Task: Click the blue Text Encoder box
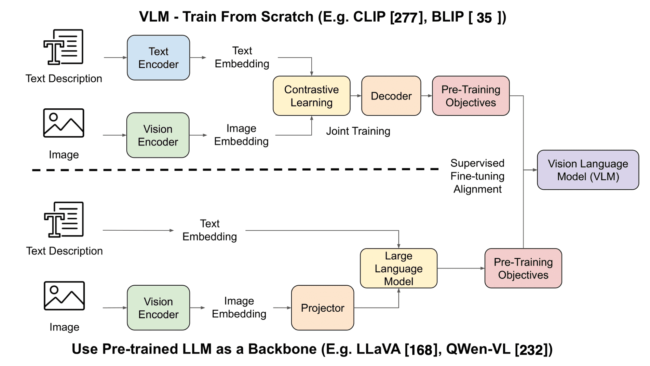click(x=158, y=58)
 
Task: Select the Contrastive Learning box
click(x=311, y=96)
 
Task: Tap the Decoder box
click(x=391, y=96)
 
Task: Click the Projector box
click(x=322, y=308)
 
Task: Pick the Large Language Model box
click(x=398, y=268)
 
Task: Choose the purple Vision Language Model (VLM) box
click(x=588, y=170)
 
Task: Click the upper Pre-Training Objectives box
click(x=471, y=96)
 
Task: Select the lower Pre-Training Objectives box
click(x=523, y=268)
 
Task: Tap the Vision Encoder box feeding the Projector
click(x=158, y=308)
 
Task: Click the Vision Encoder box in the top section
click(x=158, y=135)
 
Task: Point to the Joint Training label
click(x=358, y=131)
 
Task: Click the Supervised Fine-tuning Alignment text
click(x=477, y=176)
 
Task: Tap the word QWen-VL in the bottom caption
click(x=478, y=349)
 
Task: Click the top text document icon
click(x=63, y=47)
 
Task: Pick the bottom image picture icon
click(x=64, y=295)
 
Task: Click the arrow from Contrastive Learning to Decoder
click(x=356, y=96)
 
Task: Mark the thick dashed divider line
click(x=235, y=170)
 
